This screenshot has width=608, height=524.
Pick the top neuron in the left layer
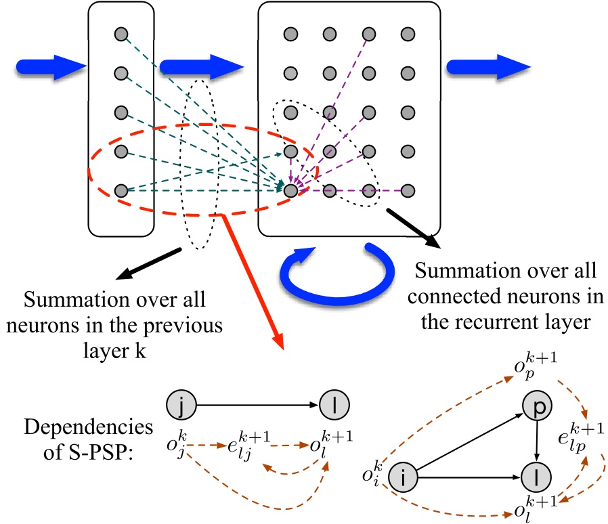(x=121, y=33)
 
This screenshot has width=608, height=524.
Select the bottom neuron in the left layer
(x=121, y=191)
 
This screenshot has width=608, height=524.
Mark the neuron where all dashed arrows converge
(x=290, y=191)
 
